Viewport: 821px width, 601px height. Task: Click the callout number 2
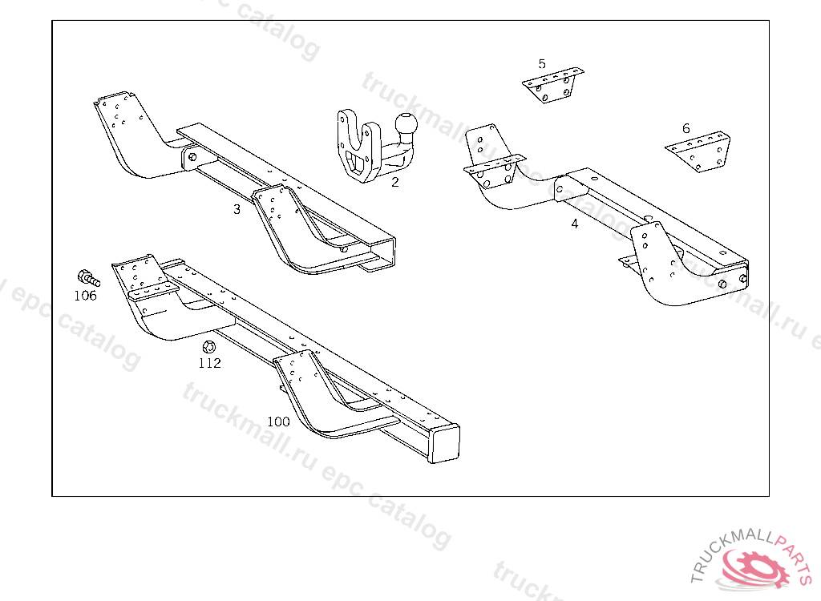394,183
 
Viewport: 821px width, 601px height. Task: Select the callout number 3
237,210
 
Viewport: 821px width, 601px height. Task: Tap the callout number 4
575,224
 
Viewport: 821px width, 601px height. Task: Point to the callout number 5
542,64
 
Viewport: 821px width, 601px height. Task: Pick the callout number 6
686,128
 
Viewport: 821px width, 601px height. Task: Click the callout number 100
278,422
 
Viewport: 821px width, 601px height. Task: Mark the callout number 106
85,296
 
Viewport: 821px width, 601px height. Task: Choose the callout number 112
210,363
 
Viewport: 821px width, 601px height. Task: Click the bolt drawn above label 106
87,279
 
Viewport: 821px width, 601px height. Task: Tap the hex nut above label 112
208,347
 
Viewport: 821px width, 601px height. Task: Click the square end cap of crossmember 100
446,443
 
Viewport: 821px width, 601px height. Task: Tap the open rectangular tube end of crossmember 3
383,252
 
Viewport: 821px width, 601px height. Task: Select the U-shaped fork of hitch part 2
356,144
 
